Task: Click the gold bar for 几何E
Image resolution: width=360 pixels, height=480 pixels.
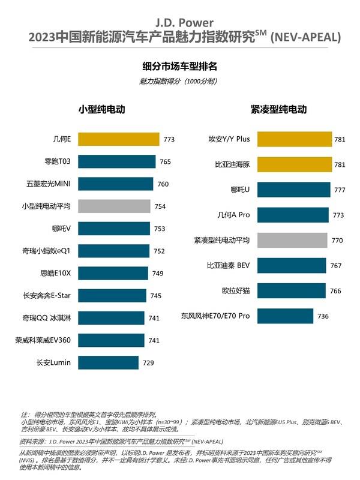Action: (x=118, y=140)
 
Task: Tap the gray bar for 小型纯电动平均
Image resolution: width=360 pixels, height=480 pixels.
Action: (x=113, y=206)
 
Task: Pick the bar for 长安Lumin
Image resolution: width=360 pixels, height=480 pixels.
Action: (x=107, y=362)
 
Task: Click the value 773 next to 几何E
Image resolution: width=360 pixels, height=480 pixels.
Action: (x=169, y=140)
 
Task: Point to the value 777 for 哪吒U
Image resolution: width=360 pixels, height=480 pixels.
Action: (x=340, y=190)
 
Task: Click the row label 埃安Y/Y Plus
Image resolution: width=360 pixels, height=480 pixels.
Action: (x=220, y=140)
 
